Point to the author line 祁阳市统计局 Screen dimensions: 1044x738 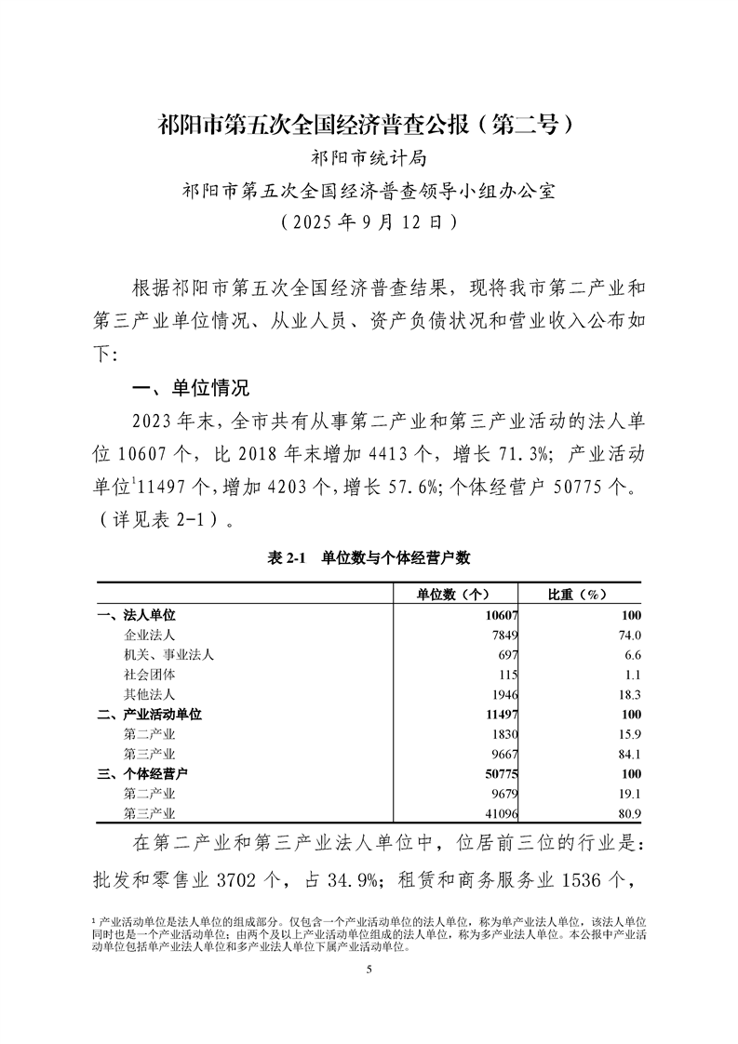369,157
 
